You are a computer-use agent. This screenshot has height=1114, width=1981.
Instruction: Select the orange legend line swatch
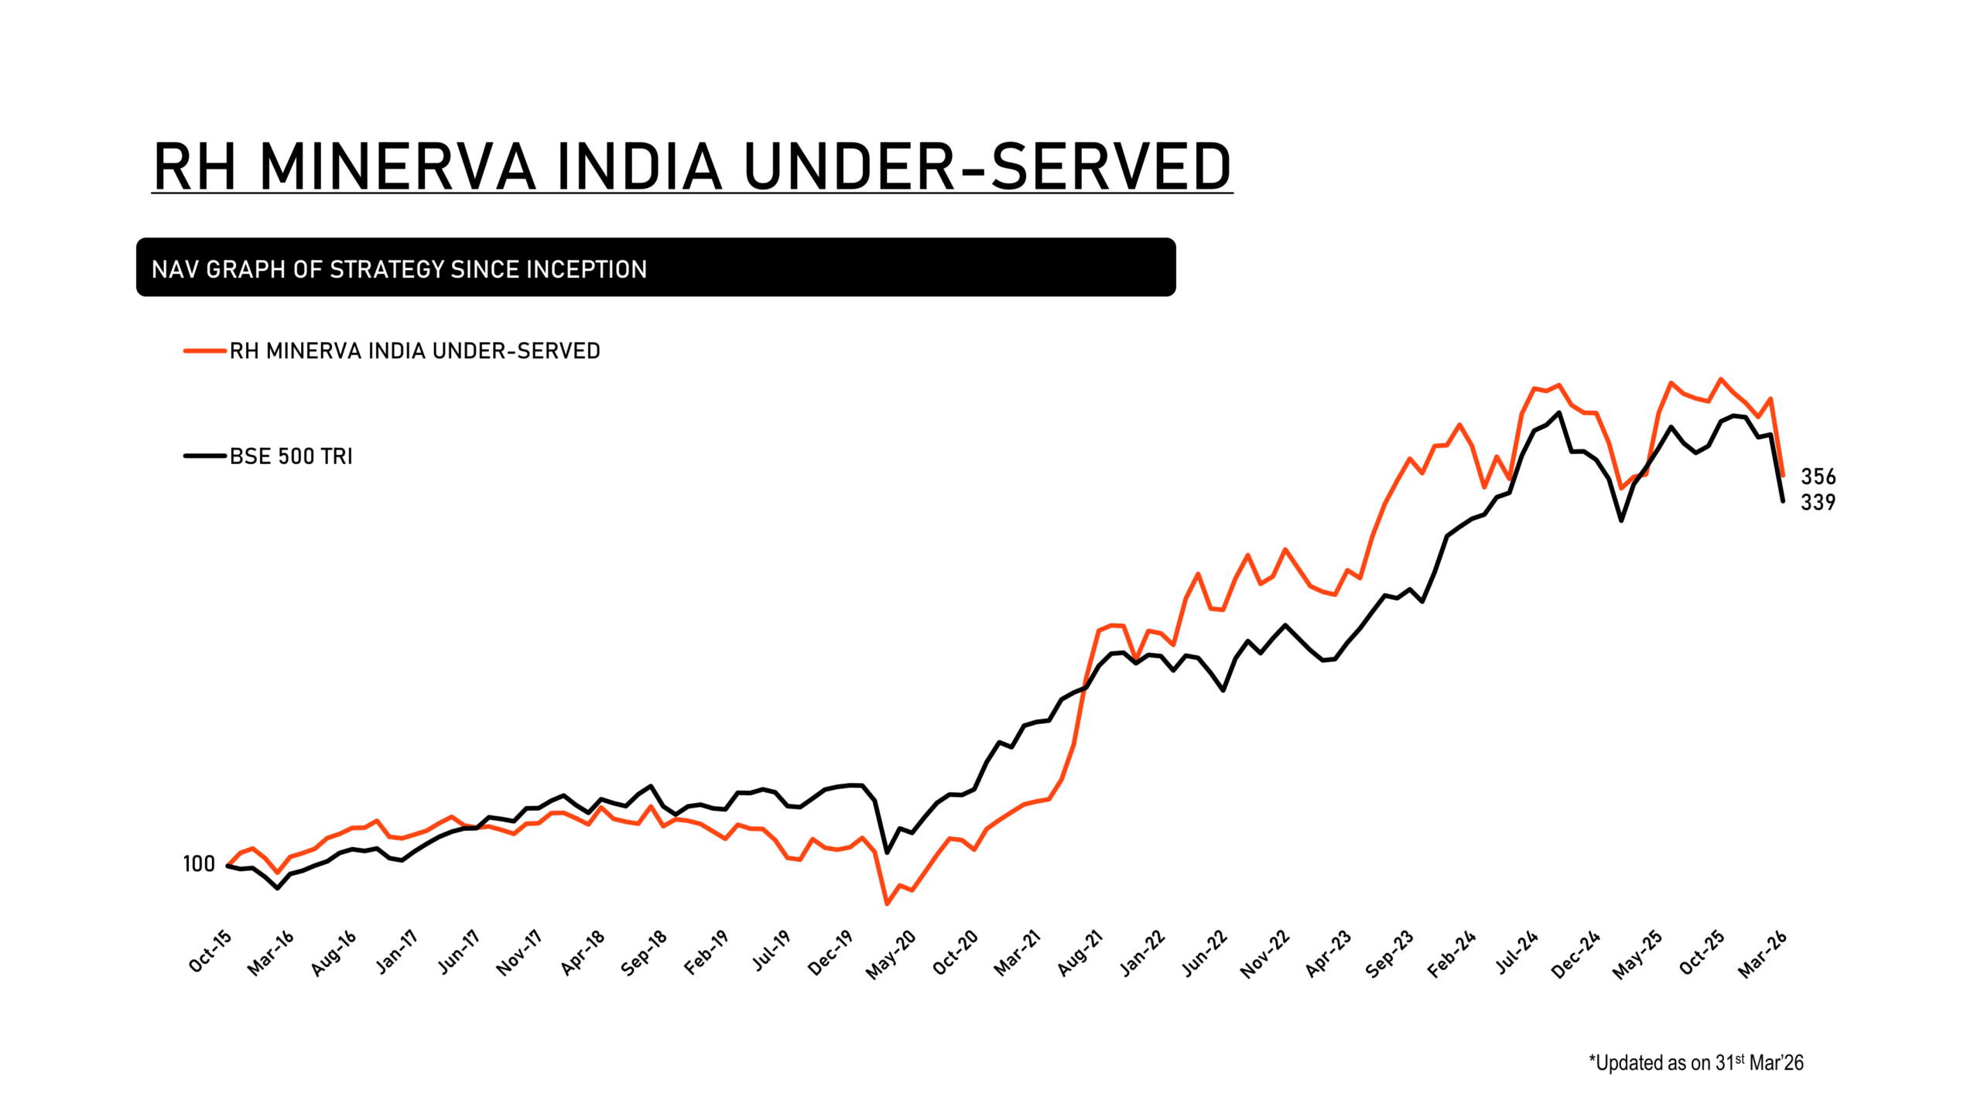coord(204,351)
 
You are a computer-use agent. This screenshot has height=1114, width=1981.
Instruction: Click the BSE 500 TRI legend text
coord(291,456)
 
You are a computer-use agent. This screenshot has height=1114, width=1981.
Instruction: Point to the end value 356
coord(1818,477)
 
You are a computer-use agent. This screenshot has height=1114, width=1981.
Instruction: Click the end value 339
coord(1818,503)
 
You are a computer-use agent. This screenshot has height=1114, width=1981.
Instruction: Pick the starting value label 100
coord(199,864)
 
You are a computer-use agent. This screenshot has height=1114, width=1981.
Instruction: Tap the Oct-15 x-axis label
coord(210,952)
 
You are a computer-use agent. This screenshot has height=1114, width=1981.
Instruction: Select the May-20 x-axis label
coord(891,955)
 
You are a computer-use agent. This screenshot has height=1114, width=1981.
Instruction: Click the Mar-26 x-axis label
coord(1763,955)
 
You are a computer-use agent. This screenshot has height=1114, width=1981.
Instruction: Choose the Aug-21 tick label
coord(1080,953)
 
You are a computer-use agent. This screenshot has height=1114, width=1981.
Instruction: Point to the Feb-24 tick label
coord(1452,955)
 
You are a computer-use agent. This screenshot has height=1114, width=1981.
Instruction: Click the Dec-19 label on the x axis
coord(830,953)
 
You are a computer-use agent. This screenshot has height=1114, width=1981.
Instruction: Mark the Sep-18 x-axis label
coord(644,953)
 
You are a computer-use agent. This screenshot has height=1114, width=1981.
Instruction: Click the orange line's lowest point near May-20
coord(887,904)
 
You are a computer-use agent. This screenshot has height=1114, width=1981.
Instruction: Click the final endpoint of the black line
coord(1783,501)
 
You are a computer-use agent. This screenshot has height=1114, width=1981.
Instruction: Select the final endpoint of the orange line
coord(1783,476)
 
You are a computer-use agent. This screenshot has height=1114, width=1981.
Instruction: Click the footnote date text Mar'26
coord(1776,1064)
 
